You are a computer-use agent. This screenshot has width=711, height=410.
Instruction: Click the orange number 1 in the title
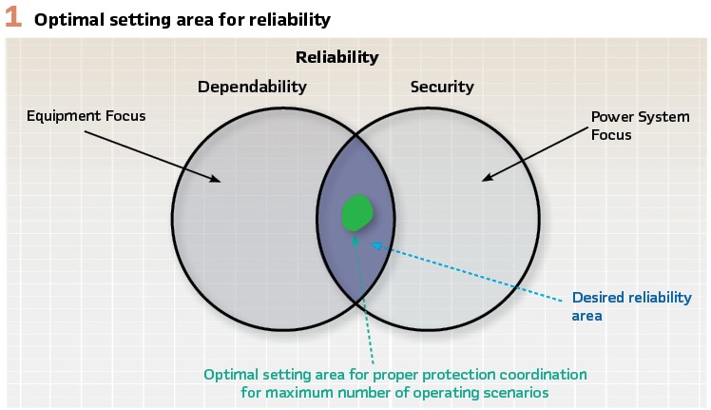tap(13, 18)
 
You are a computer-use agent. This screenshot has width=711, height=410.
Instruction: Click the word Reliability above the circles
tap(336, 57)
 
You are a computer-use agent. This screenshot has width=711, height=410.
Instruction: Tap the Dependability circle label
tap(252, 87)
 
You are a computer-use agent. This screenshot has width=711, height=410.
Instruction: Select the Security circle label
tap(441, 87)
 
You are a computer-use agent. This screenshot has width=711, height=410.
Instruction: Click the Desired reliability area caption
tap(631, 305)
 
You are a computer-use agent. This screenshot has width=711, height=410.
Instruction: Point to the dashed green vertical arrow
tap(360, 295)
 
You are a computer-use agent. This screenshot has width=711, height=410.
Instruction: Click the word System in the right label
tap(659, 117)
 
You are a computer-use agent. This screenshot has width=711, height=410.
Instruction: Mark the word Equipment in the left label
tap(57, 116)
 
